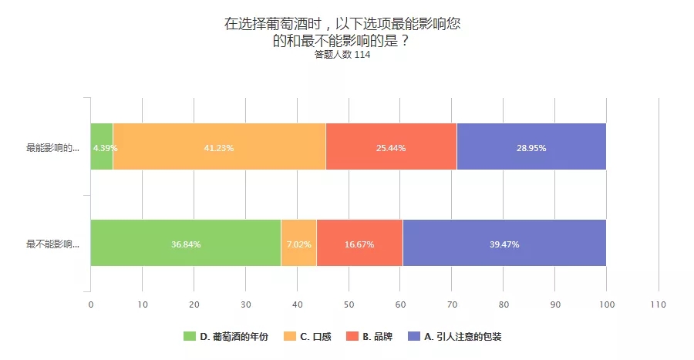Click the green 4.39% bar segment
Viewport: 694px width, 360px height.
click(x=102, y=146)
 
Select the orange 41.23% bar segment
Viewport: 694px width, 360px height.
click(x=219, y=146)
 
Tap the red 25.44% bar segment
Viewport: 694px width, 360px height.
click(x=391, y=146)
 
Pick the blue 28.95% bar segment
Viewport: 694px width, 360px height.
click(x=531, y=146)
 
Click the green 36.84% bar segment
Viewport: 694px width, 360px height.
click(x=186, y=244)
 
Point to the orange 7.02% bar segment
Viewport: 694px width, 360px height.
click(x=298, y=244)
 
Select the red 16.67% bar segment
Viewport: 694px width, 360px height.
click(x=359, y=244)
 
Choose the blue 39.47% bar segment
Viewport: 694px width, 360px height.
click(x=504, y=244)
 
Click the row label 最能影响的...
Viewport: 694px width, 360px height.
click(x=52, y=147)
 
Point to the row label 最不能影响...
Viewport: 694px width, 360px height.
click(x=52, y=244)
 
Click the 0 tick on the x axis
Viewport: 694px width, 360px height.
click(x=91, y=304)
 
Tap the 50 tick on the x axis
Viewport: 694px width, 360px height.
click(x=349, y=304)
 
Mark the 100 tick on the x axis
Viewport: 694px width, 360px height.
click(x=606, y=304)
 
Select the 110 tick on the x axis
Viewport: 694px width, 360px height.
click(x=658, y=304)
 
